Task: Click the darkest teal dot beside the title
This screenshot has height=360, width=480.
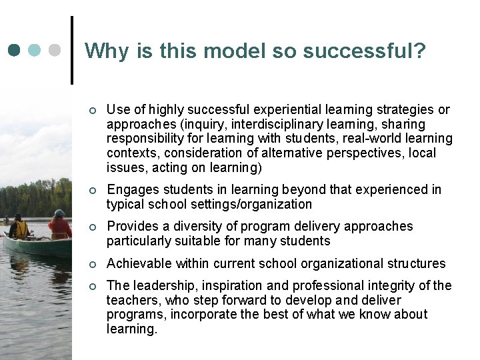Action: pos(15,50)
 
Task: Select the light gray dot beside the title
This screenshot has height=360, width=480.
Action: pos(57,50)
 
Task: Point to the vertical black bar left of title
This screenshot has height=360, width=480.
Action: pos(71,50)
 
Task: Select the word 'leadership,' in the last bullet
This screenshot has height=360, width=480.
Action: pos(162,285)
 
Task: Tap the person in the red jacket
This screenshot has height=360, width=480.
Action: pos(59,227)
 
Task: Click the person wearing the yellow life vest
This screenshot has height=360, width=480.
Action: pos(20,228)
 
